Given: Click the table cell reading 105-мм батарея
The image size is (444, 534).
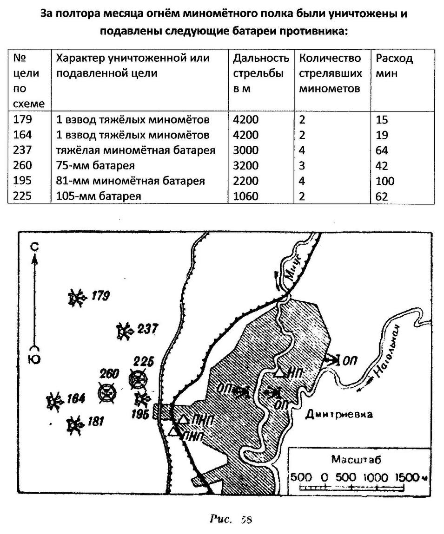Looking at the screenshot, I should pyautogui.click(x=98, y=196).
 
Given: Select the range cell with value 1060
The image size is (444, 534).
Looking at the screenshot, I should pyautogui.click(x=245, y=196).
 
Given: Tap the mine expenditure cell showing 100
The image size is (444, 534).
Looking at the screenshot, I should pyautogui.click(x=385, y=181).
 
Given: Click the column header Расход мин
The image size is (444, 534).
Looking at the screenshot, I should pyautogui.click(x=394, y=65).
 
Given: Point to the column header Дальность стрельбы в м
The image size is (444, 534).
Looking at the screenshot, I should pyautogui.click(x=261, y=73).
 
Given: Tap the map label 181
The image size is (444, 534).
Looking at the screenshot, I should pyautogui.click(x=95, y=422).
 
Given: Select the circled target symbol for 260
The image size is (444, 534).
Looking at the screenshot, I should pyautogui.click(x=107, y=393).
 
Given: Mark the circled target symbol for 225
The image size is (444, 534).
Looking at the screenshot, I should pyautogui.click(x=139, y=379).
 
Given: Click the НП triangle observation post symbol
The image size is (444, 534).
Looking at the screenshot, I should pyautogui.click(x=279, y=372).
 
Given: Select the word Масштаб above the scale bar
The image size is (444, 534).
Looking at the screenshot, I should pyautogui.click(x=350, y=460).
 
